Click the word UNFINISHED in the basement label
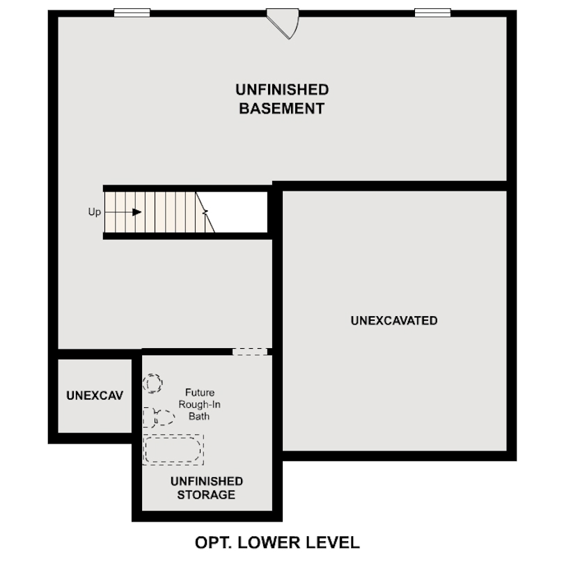(282, 90)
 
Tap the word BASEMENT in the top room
(282, 109)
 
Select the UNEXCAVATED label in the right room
(394, 321)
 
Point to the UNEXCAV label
(95, 395)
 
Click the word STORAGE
(206, 495)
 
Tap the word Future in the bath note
(199, 392)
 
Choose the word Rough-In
(201, 405)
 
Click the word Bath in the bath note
(199, 416)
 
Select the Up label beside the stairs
(95, 212)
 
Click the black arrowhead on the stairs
(136, 212)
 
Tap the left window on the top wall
(132, 12)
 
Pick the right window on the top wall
(432, 12)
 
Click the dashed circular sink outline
(152, 383)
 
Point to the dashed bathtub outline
(173, 450)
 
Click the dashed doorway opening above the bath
(250, 352)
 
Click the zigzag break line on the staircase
(206, 212)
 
